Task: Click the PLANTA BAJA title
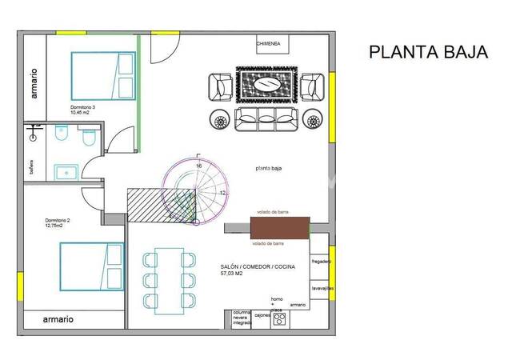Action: click(x=428, y=52)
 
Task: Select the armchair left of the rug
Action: click(x=222, y=85)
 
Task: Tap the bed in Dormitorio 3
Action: click(x=102, y=77)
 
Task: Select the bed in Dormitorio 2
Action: click(x=91, y=267)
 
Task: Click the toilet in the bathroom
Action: click(x=90, y=141)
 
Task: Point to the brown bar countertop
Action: click(x=277, y=229)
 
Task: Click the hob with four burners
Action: click(x=280, y=318)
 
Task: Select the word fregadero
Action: click(x=322, y=262)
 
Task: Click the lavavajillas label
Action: click(x=322, y=287)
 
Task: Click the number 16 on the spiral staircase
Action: click(x=198, y=166)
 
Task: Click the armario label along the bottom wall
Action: click(x=58, y=319)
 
